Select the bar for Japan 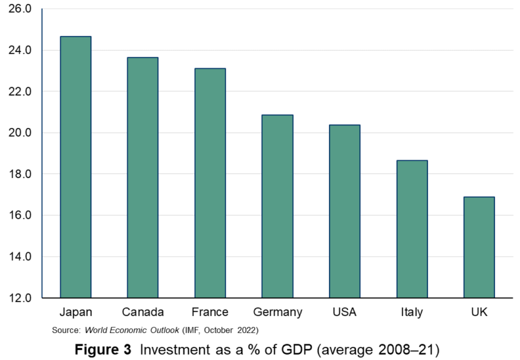tap(75, 167)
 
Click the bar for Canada tap(142, 177)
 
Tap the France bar tap(210, 183)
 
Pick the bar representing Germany tap(277, 206)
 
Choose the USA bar tap(345, 211)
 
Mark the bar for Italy tap(412, 229)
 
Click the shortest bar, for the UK tap(479, 247)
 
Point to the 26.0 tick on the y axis tap(20, 9)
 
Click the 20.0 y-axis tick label tap(20, 133)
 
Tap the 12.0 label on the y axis tap(20, 298)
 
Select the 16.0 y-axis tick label tap(20, 215)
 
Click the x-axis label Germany tap(277, 313)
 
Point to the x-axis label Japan tap(75, 313)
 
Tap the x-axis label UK tap(479, 313)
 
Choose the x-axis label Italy tap(412, 313)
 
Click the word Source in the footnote tap(66, 330)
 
